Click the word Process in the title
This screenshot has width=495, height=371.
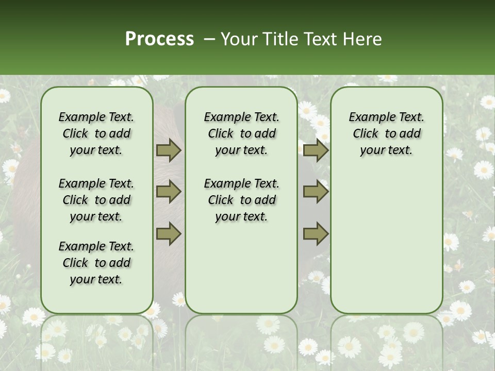pos(159,39)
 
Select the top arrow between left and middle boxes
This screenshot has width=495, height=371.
pos(169,150)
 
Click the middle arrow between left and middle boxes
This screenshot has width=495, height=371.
pos(169,192)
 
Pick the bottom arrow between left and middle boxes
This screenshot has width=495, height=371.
pos(169,233)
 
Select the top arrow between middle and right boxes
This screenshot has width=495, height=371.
pos(316,150)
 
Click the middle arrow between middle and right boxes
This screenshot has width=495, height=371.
pos(316,192)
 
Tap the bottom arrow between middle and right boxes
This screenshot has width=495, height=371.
pos(316,233)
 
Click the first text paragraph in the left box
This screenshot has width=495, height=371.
pos(96,133)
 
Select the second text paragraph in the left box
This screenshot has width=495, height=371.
pos(96,200)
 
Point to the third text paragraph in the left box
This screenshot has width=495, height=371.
pos(96,263)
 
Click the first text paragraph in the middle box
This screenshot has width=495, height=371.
pos(241,133)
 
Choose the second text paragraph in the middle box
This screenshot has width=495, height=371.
pos(241,200)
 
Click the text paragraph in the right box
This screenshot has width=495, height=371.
pos(386,133)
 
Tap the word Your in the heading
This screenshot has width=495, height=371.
pos(238,39)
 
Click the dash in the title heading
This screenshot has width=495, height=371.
pos(209,39)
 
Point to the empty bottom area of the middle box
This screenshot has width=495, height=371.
pos(241,273)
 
